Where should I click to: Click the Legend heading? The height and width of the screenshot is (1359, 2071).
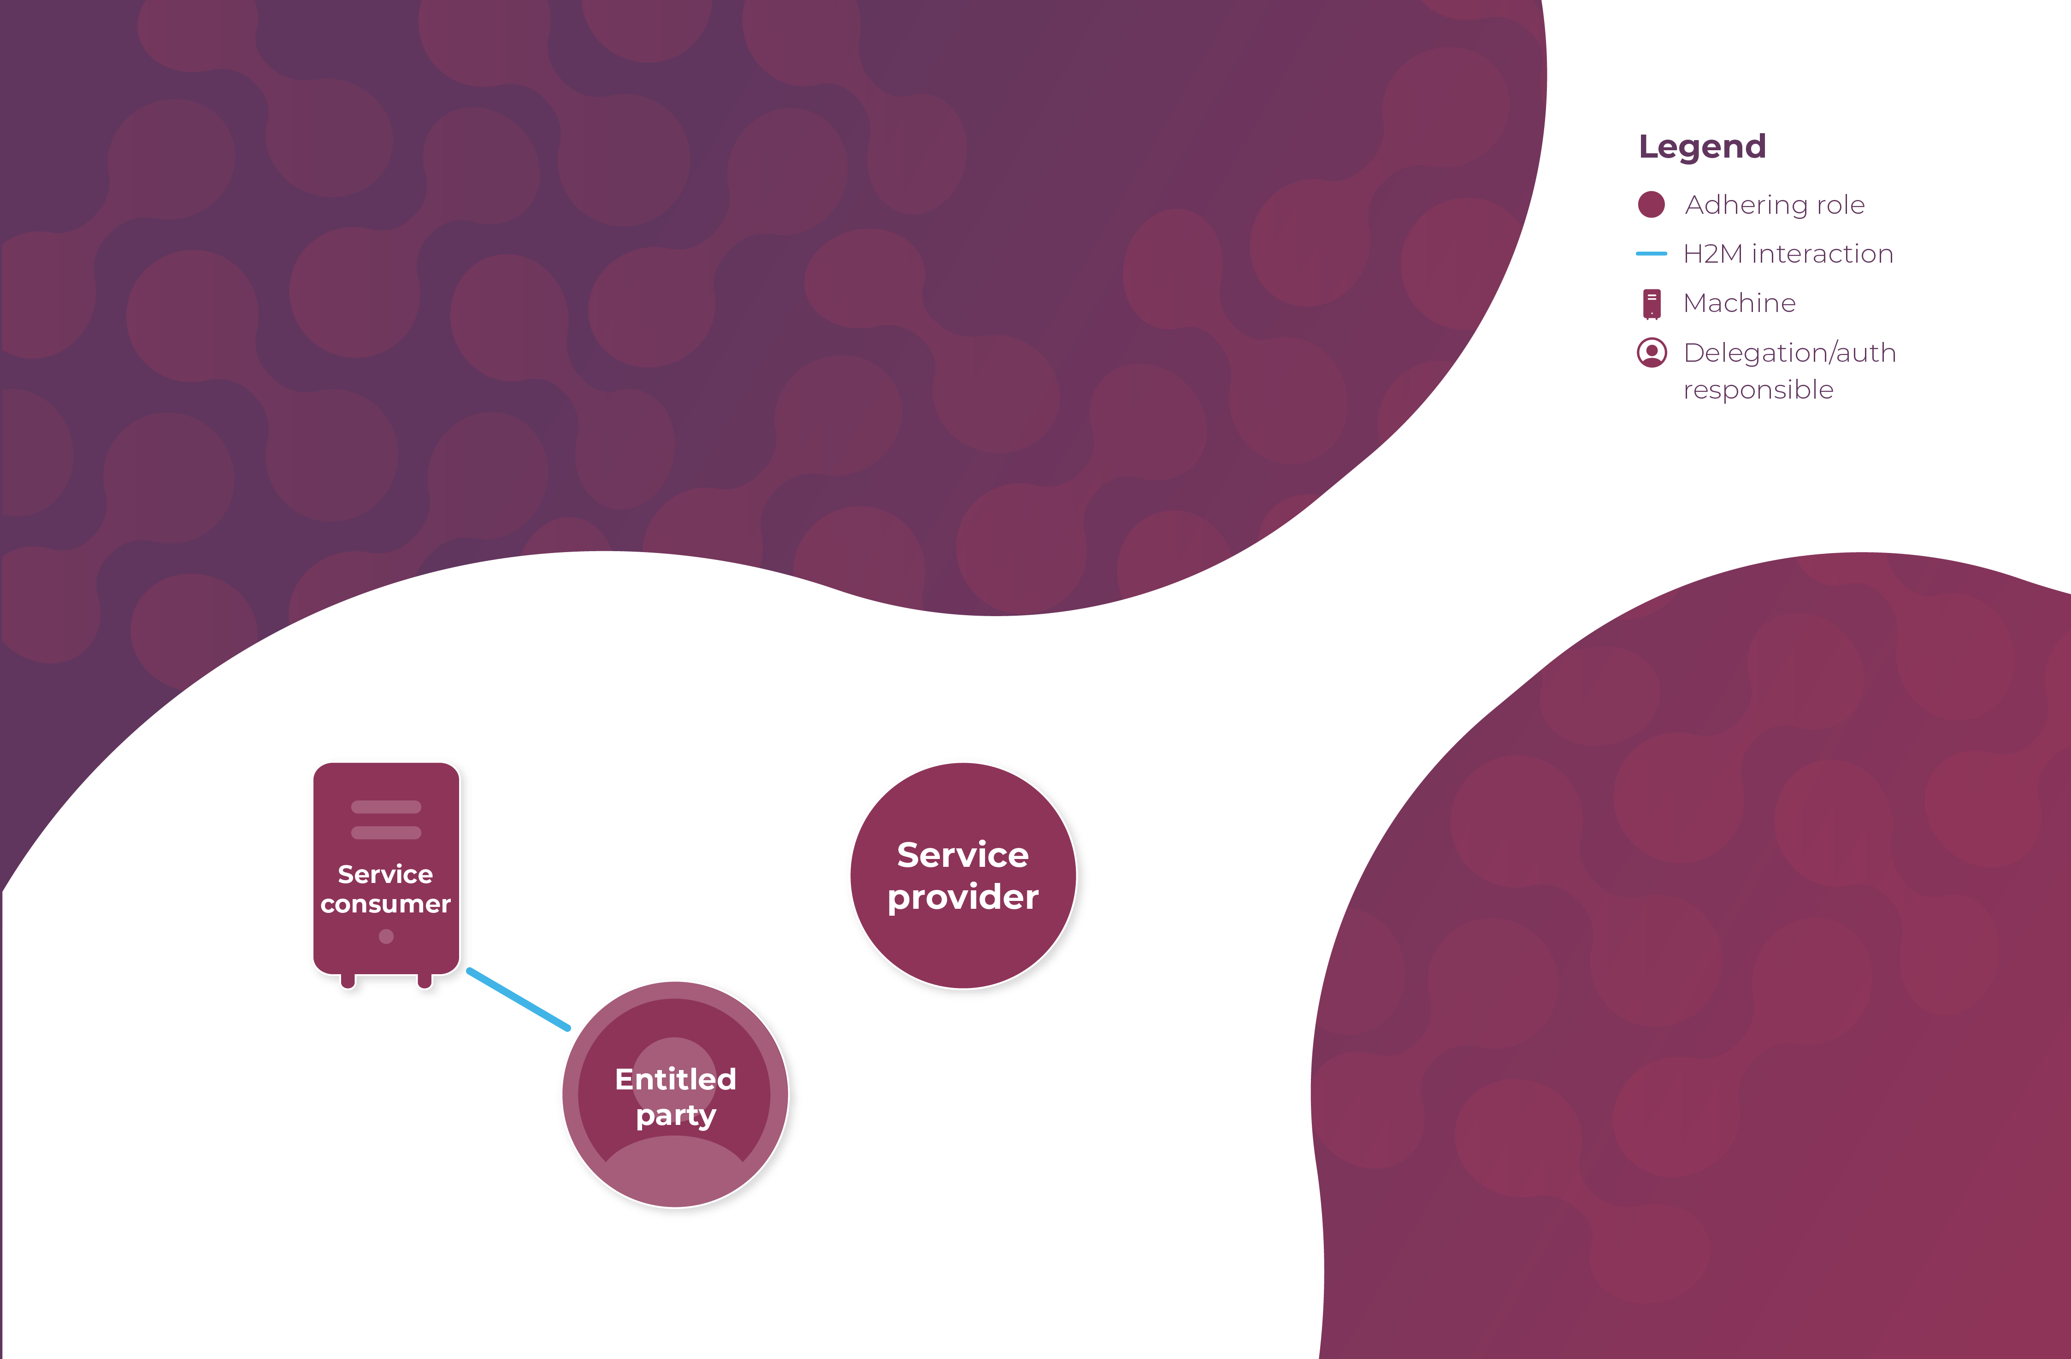1702,146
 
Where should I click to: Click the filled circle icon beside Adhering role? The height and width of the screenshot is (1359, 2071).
1651,205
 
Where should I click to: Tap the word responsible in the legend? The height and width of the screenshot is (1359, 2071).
1758,390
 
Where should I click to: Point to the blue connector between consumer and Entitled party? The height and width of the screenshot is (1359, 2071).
519,999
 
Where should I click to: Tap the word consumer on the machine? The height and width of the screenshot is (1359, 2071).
385,905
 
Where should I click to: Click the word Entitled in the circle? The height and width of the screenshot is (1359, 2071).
675,1079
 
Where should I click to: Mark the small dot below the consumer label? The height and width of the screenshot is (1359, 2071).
386,936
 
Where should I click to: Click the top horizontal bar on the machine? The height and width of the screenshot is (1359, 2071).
386,806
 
